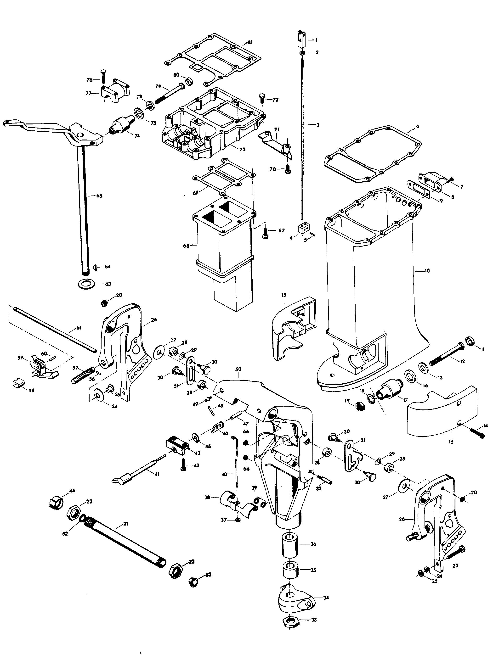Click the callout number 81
click(x=250, y=42)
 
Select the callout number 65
click(x=99, y=196)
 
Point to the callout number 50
click(x=238, y=369)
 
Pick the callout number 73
click(x=242, y=149)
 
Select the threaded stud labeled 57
click(x=83, y=377)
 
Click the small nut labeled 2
click(x=302, y=53)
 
